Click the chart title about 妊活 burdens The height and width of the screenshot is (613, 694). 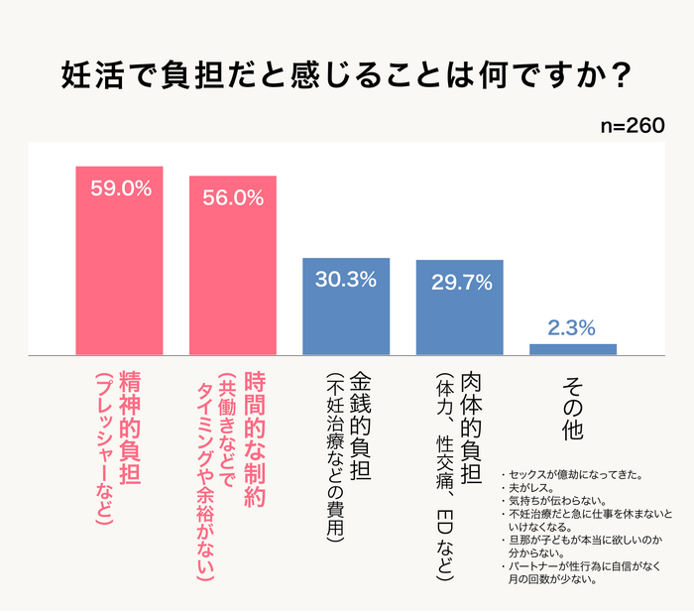point(346,75)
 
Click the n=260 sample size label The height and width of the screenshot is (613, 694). point(633,127)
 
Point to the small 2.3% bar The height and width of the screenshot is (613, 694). point(572,349)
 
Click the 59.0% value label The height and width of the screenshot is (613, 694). point(120,188)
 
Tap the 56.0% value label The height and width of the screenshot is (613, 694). point(232,197)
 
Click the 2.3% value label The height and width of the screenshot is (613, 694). point(572,326)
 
